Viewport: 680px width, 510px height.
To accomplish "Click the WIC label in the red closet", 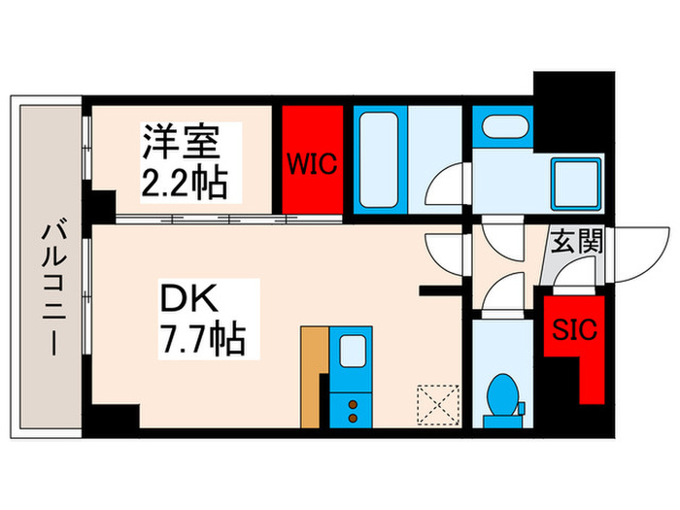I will point(312,163).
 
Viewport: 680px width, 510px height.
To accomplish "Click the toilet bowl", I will point(504,393).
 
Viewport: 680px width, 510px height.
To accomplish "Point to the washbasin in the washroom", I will point(502,128).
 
